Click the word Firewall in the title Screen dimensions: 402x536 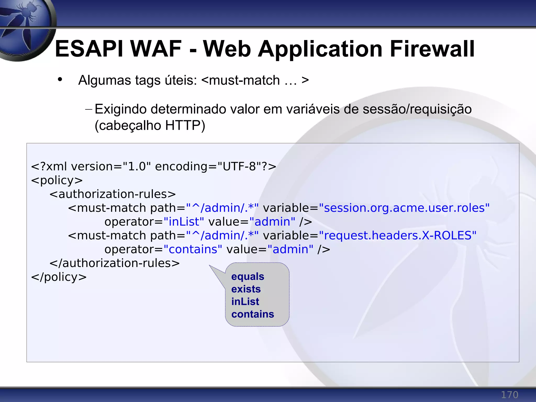432,49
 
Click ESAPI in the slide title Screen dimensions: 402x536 89,49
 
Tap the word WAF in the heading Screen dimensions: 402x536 156,49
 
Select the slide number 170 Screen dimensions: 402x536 509,395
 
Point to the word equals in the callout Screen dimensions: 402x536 248,277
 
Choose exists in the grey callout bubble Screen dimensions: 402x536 246,289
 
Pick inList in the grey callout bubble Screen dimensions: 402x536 245,302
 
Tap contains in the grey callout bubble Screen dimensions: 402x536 253,314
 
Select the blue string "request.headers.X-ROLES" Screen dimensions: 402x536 398,236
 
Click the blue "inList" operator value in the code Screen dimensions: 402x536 184,222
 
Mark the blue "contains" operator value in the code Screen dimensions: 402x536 193,249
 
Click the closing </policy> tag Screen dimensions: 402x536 59,277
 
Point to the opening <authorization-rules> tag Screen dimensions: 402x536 113,194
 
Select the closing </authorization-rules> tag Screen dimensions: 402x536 115,263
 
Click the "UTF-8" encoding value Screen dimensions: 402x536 239,166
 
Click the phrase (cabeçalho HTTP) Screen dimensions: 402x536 150,125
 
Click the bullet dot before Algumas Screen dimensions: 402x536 60,79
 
